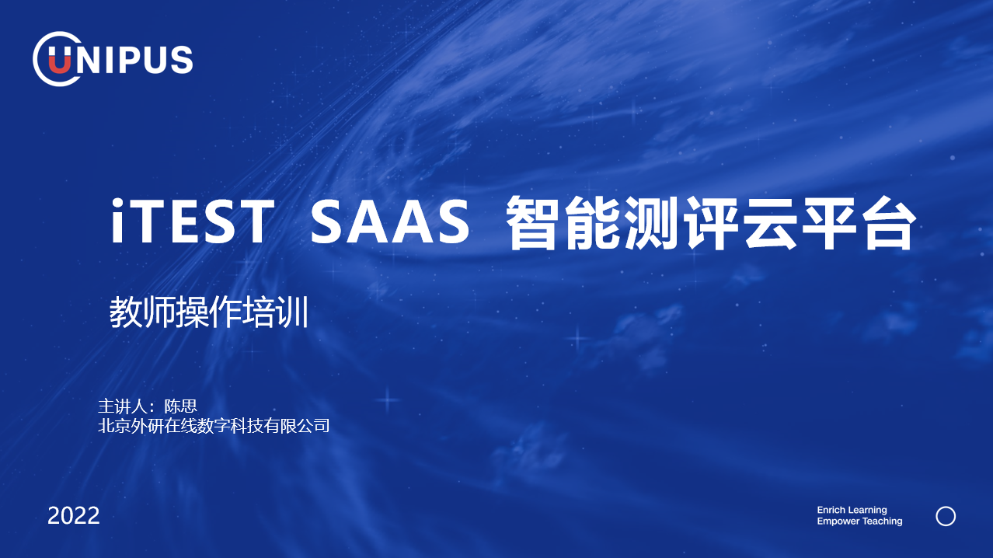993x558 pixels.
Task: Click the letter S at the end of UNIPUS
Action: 182,59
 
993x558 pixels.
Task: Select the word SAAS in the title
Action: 390,221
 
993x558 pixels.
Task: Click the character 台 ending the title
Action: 889,223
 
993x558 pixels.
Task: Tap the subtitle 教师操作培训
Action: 209,312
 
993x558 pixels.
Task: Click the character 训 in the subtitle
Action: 292,312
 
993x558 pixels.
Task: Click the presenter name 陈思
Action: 180,406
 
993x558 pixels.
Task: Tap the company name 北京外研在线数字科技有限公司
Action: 214,426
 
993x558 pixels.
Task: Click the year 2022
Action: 74,516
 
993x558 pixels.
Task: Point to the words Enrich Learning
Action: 852,510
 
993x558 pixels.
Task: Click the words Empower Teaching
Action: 859,521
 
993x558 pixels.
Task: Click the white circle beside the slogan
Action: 946,507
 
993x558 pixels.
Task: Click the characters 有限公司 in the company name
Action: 297,426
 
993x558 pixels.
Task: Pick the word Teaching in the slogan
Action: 882,521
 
